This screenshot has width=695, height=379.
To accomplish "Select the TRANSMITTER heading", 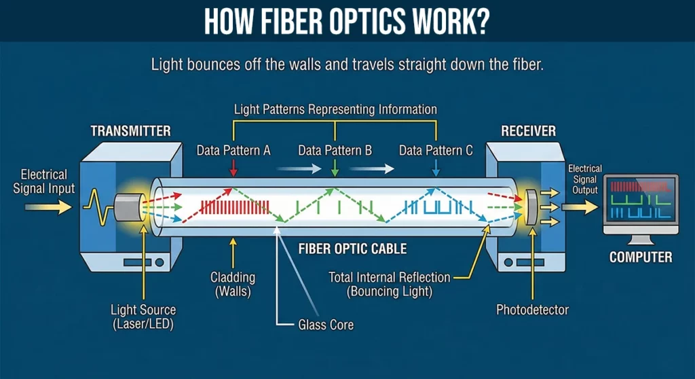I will tap(130, 130).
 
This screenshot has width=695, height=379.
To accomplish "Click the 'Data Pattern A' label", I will tap(233, 151).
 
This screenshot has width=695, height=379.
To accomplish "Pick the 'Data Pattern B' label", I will tap(335, 151).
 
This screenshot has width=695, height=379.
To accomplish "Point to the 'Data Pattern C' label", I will tap(436, 151).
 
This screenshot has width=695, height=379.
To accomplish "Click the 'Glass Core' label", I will tap(326, 325).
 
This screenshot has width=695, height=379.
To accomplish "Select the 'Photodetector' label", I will tap(532, 310).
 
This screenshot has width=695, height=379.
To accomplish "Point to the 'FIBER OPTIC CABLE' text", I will tap(352, 249).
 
